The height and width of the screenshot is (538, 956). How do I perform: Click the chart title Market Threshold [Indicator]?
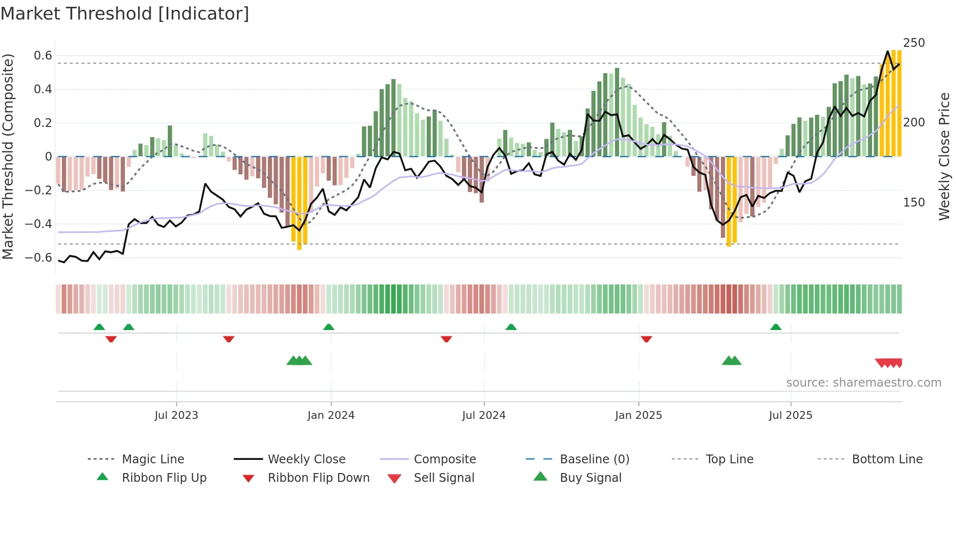click(x=125, y=14)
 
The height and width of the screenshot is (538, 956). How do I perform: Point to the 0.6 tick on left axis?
click(x=43, y=56)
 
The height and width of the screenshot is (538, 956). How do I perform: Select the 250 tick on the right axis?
click(x=914, y=43)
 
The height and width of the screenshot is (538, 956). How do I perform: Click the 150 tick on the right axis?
click(x=914, y=203)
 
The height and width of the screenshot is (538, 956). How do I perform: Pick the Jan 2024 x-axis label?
click(x=331, y=415)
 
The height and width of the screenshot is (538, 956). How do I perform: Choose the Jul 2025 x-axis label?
click(x=790, y=415)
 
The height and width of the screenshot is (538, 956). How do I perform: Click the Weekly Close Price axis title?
click(x=944, y=156)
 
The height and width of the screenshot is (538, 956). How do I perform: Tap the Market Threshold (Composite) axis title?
click(x=8, y=156)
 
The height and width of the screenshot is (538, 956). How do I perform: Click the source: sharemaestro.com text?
click(x=863, y=383)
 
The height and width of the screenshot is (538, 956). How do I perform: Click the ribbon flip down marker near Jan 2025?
click(x=646, y=339)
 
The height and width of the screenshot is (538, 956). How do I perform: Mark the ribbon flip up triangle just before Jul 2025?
click(x=776, y=327)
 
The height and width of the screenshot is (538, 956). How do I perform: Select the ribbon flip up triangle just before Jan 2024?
click(x=329, y=327)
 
